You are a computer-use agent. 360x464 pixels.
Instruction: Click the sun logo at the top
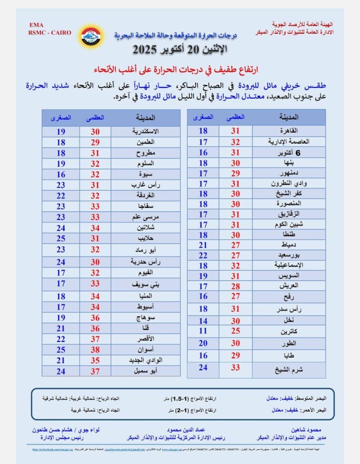click(91, 36)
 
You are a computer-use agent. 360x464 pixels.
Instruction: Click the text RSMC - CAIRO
click(50, 33)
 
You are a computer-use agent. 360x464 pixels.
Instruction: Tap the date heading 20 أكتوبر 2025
click(180, 49)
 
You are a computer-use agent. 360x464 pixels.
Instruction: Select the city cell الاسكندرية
click(145, 131)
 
